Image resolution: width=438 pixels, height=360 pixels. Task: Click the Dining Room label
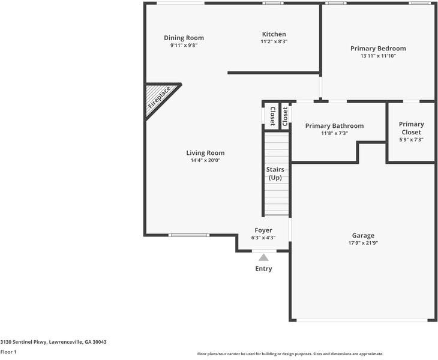184,38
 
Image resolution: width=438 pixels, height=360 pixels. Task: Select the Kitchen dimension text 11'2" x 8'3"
274,42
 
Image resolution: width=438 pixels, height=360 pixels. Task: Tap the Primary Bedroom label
378,49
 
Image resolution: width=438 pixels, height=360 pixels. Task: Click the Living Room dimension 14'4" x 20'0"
205,160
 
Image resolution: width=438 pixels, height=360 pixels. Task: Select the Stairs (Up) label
275,173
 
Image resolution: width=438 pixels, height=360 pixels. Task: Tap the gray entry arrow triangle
263,257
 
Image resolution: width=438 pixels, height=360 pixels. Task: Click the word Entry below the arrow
263,269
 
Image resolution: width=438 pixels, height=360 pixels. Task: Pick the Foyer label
263,230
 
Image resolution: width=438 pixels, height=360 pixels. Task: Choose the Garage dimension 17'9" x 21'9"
363,243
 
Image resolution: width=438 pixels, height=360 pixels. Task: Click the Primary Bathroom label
334,126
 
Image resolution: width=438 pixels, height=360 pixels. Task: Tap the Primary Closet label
411,128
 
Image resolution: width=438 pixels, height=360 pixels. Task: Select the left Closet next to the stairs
272,115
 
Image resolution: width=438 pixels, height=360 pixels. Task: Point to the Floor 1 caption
8,352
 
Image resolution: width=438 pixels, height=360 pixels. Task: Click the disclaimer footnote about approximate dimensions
290,354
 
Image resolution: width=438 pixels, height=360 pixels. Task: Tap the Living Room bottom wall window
188,235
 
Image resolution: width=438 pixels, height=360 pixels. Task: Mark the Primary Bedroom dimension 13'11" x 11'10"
378,56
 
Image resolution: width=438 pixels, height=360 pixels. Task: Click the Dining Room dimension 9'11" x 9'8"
184,45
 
